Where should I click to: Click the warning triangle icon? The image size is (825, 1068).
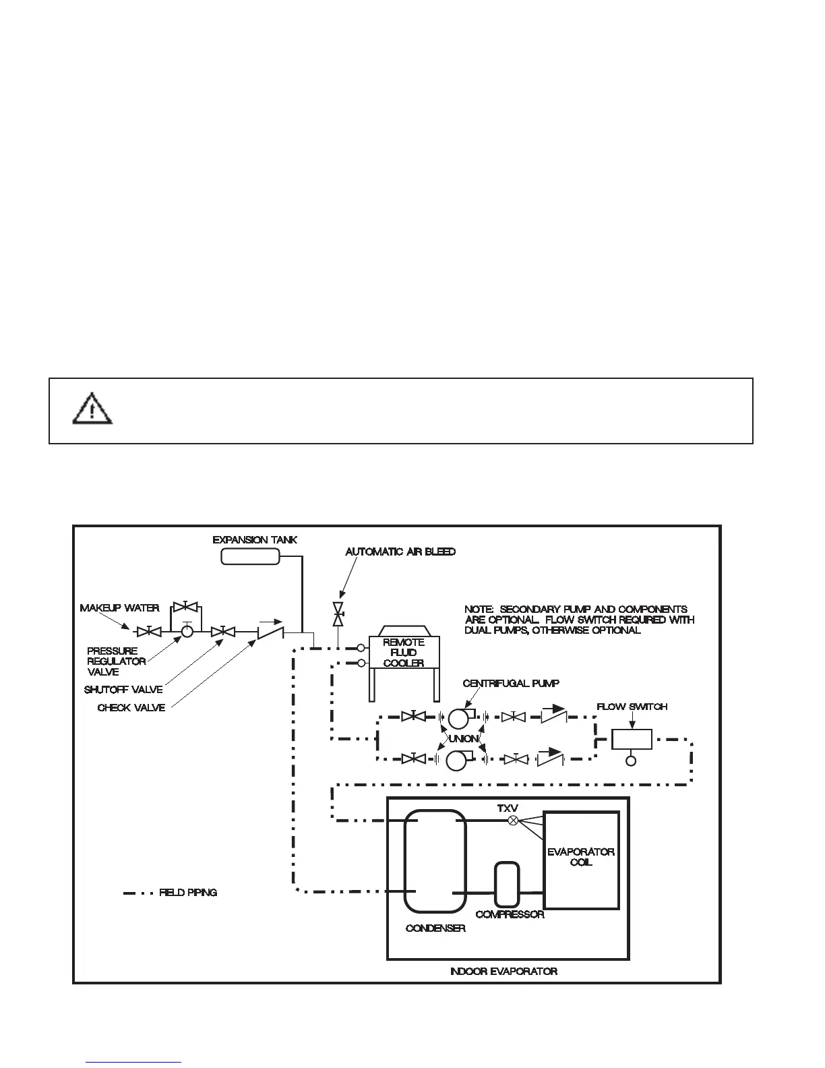pos(92,410)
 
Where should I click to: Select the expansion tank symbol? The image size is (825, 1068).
pos(250,556)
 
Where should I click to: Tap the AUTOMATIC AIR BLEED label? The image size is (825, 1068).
pos(400,552)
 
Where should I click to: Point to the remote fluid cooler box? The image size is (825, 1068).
pos(403,652)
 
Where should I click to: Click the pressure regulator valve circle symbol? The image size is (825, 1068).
pos(187,632)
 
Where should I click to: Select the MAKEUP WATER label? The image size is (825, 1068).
pos(119,608)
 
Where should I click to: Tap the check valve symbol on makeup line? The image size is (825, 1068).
pos(270,632)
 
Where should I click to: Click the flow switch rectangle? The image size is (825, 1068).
pos(632,740)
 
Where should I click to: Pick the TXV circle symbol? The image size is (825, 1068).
pos(513,821)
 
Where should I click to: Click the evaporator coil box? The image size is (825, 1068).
pos(581,860)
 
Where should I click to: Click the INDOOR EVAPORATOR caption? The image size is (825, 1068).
pos(503,972)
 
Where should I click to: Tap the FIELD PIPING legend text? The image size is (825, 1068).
pos(188,893)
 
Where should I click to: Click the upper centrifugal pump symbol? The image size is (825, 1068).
pos(460,717)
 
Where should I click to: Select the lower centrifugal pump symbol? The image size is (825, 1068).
pos(458,760)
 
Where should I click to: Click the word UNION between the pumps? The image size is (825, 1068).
pos(463,738)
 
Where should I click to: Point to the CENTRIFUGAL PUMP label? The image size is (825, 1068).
pos(510,684)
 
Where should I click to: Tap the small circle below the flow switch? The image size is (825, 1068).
pos(631,761)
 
